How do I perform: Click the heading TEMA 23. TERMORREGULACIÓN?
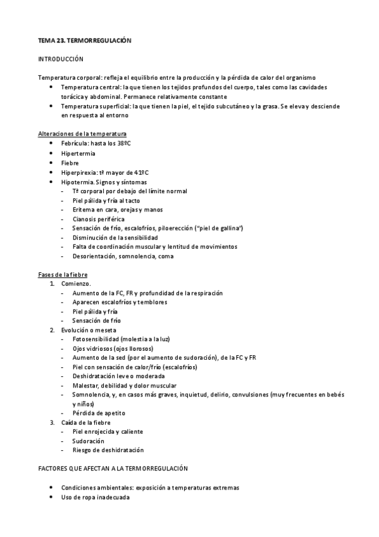84,40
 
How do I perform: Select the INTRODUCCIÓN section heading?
61,58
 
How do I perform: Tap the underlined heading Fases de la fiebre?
63,275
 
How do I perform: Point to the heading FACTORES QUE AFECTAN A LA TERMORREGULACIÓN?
113,469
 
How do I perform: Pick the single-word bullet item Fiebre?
71,163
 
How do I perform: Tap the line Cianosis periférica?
99,219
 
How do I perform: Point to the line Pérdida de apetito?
99,413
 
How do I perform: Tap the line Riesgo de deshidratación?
108,450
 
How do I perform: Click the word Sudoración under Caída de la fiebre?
89,441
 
